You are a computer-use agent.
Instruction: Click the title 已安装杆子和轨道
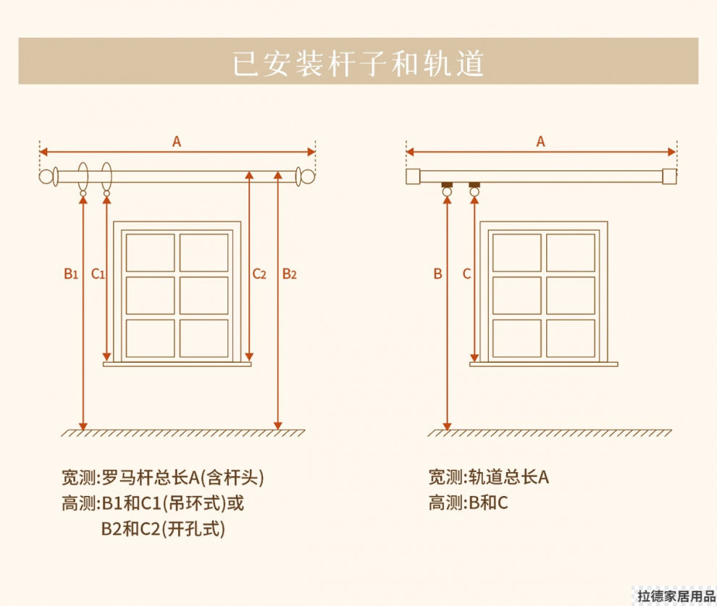click(358, 63)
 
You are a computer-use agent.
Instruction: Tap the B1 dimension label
click(70, 274)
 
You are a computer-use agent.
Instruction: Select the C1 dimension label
click(98, 274)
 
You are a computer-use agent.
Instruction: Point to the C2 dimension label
click(259, 274)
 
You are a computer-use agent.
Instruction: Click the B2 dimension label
click(289, 274)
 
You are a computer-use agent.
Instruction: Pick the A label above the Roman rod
click(177, 142)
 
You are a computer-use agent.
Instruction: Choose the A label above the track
click(540, 142)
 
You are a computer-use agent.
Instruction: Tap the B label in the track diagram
click(437, 274)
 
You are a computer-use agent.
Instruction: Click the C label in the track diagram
click(466, 274)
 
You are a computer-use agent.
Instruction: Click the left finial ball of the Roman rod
click(49, 176)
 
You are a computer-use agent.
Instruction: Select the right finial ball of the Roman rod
click(307, 176)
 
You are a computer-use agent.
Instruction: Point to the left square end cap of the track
click(413, 176)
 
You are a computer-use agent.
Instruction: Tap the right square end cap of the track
click(669, 176)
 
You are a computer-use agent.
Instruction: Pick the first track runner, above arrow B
click(448, 189)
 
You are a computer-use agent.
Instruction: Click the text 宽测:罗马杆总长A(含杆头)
click(162, 478)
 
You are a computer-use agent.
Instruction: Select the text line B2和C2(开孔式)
click(163, 529)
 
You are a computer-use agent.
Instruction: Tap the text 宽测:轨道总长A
click(489, 477)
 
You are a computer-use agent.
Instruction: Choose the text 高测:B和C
click(468, 502)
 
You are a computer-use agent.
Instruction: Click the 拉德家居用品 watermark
click(675, 597)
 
